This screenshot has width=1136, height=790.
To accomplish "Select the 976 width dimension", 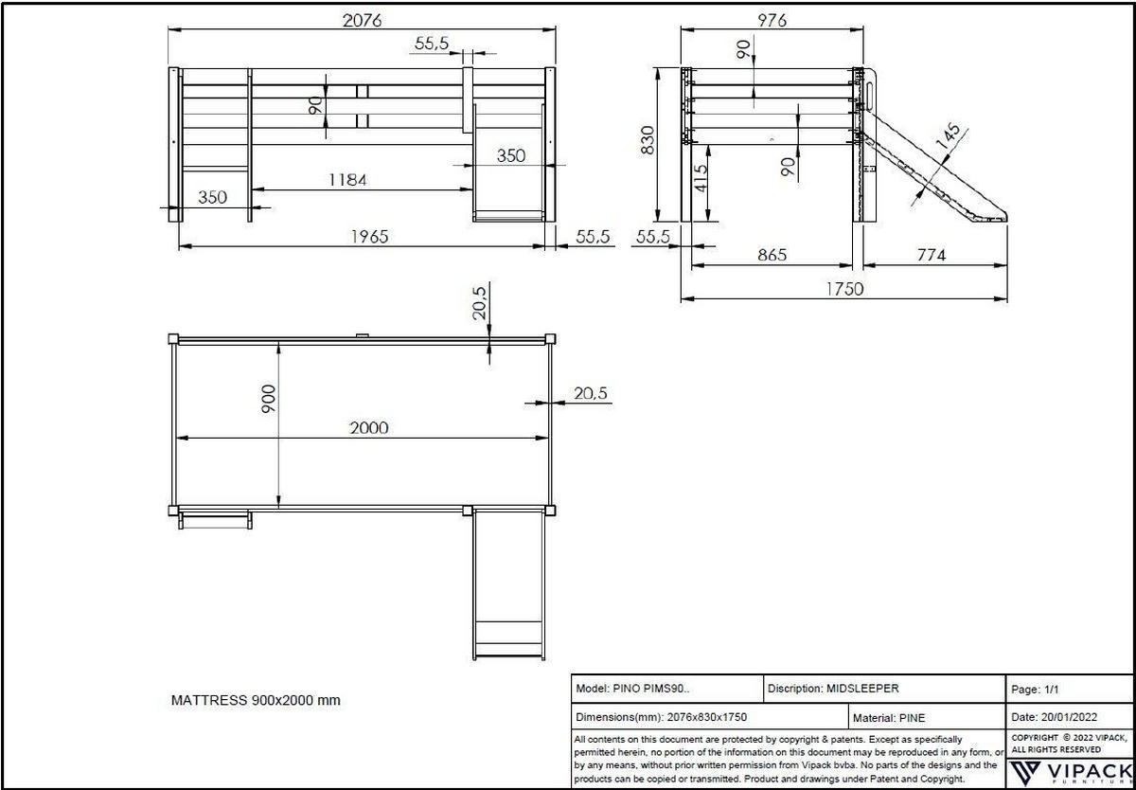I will click(772, 20).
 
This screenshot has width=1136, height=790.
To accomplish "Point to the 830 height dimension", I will click(648, 140).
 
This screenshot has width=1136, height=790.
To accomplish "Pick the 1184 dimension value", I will click(347, 180).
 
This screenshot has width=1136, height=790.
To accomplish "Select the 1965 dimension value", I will click(369, 237).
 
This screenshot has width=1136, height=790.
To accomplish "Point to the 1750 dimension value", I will click(843, 289).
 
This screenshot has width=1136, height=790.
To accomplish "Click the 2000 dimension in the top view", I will click(369, 427).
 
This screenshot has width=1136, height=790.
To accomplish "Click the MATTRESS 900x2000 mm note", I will click(256, 701).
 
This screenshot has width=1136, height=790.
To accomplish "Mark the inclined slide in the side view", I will click(932, 171).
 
